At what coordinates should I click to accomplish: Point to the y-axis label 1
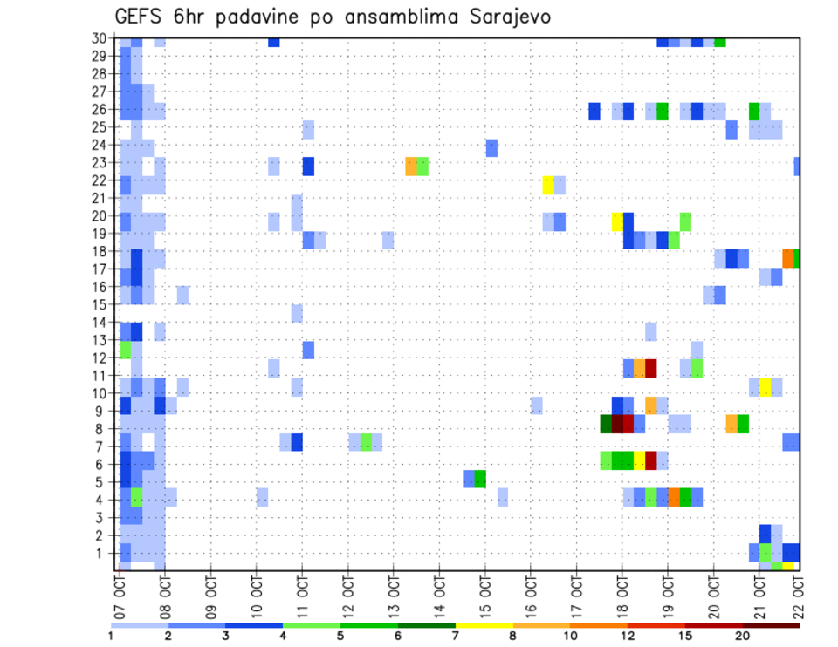[104, 553]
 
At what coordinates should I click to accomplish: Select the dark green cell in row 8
[606, 424]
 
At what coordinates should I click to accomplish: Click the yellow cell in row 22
[548, 185]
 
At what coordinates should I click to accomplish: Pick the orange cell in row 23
[411, 167]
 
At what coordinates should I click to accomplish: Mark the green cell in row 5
[480, 479]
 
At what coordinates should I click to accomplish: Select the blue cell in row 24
[491, 148]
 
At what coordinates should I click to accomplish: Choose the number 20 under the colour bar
[743, 636]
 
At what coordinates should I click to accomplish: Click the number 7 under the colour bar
[455, 636]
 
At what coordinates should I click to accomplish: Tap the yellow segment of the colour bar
[484, 625]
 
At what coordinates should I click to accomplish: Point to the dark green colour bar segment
[426, 625]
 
